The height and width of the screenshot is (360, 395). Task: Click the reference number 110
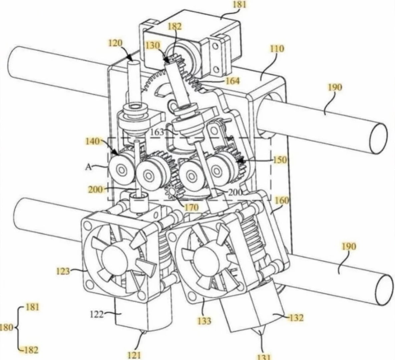pyautogui.click(x=277, y=49)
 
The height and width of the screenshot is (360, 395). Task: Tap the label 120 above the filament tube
pyautogui.click(x=115, y=43)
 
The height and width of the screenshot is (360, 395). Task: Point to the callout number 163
pyautogui.click(x=157, y=132)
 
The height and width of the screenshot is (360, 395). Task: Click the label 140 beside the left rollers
pyautogui.click(x=92, y=141)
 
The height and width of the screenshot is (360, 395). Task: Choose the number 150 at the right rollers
pyautogui.click(x=280, y=160)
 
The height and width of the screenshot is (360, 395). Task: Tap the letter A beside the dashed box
pyautogui.click(x=88, y=167)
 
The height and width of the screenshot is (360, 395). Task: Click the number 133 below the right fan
pyautogui.click(x=204, y=321)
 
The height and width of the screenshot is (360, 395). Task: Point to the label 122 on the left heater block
pyautogui.click(x=97, y=314)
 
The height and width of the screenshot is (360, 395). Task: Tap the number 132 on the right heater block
pyautogui.click(x=296, y=318)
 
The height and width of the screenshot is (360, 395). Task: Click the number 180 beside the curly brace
pyautogui.click(x=7, y=327)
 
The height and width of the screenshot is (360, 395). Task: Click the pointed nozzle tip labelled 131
pyautogui.click(x=259, y=334)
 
